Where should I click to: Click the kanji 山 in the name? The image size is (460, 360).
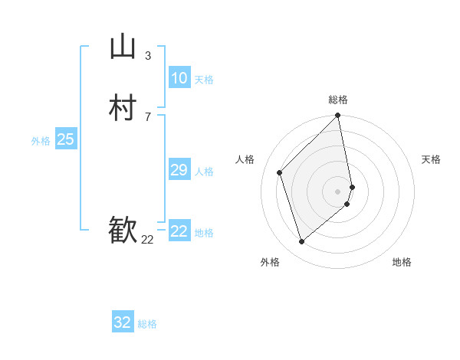pos(123,47)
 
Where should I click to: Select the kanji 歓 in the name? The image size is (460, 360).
pos(123,230)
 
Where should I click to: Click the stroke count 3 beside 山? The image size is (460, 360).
pos(148,55)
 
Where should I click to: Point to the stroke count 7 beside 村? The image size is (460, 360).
pos(148,116)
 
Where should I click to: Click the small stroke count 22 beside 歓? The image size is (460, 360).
pos(147,240)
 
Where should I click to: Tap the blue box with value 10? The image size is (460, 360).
pos(179,78)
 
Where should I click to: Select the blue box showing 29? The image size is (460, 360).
pos(179,170)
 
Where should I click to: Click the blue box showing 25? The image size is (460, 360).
pos(66,139)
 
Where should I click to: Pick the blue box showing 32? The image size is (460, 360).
pos(123,322)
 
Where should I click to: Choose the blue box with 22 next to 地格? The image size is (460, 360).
pos(179,231)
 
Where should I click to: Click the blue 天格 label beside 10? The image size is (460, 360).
pos(204,80)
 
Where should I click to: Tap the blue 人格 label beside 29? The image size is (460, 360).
pos(204,172)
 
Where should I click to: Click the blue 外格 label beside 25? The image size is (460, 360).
pos(41,141)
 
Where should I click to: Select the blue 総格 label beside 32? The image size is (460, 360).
pos(147,324)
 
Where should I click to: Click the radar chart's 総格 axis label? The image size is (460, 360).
pos(338,100)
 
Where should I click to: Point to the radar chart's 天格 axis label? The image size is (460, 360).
pos(431,159)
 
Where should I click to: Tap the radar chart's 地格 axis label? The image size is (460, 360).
pos(402,262)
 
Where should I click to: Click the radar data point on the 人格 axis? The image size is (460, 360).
pos(280,172)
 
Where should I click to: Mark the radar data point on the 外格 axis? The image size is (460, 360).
pos(302,242)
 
